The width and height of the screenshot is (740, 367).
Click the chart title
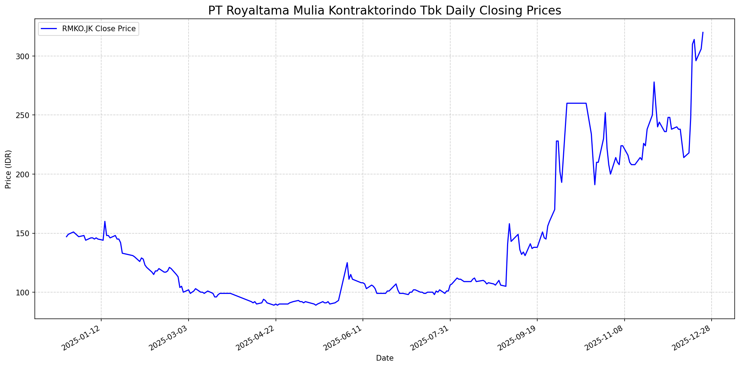click(385, 11)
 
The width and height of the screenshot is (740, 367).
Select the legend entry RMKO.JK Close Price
click(99, 29)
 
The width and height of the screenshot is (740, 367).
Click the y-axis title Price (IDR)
click(8, 169)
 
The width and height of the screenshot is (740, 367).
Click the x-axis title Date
click(385, 358)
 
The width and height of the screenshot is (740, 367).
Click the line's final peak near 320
click(703, 33)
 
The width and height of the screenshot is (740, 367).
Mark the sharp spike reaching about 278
click(654, 82)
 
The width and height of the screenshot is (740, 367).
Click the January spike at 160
click(105, 222)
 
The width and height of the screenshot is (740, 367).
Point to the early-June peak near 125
click(347, 263)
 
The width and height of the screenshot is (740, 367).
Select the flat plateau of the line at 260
click(576, 103)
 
